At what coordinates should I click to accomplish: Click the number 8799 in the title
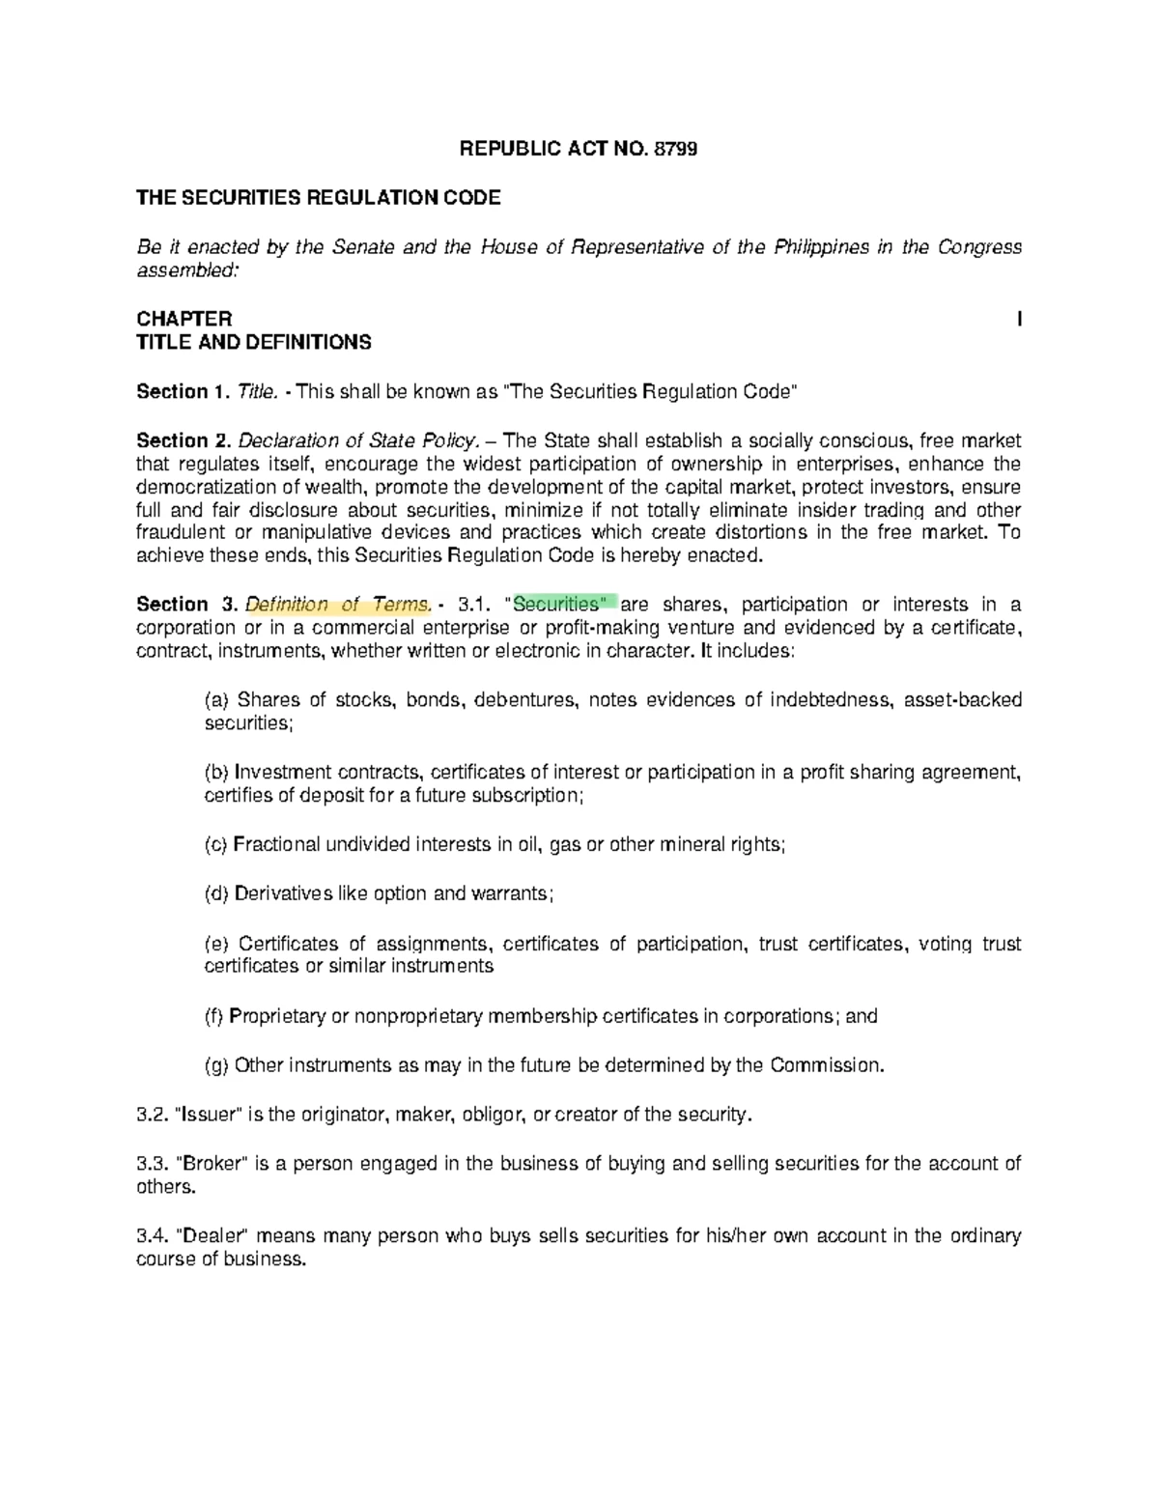(675, 149)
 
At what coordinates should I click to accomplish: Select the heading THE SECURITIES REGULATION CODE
(319, 198)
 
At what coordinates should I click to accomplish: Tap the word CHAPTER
(184, 319)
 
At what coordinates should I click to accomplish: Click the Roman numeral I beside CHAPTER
(1019, 319)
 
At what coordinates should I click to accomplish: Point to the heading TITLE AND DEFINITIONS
(253, 342)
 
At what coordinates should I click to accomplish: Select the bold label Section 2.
(184, 440)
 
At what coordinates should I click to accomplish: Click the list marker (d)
(216, 893)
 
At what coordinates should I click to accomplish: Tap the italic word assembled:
(185, 269)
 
